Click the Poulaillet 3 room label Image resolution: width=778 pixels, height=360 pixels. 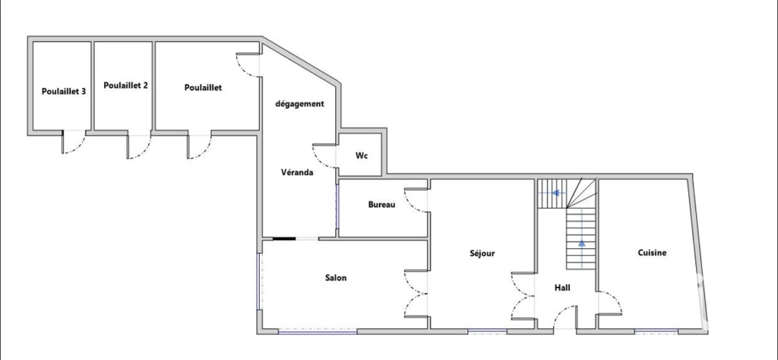[64, 91]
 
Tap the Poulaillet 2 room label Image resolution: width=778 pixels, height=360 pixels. [125, 85]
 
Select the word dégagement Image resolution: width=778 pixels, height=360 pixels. [299, 104]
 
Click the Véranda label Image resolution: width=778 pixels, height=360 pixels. [297, 172]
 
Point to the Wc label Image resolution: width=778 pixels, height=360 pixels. [361, 156]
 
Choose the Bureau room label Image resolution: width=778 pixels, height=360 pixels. [381, 204]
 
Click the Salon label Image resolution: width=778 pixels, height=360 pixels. [336, 278]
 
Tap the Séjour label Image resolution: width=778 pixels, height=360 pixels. [482, 254]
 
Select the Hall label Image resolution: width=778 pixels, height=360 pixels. [562, 288]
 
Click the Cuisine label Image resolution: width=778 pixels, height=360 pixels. [652, 253]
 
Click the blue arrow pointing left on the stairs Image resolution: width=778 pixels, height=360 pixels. [557, 193]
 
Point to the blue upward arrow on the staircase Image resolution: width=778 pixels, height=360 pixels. [581, 244]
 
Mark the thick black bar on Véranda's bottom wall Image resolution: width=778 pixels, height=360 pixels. [284, 239]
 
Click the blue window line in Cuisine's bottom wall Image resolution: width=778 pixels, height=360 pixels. [656, 330]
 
